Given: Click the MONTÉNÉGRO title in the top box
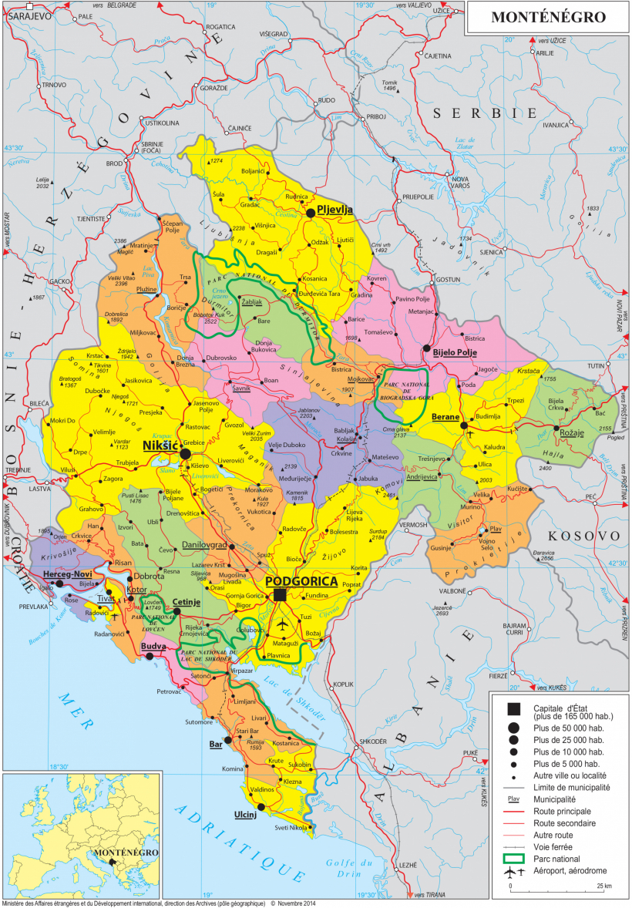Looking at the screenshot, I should point(548,17).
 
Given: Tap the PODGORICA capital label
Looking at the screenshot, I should point(301,581).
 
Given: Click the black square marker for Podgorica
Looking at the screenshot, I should point(280,595).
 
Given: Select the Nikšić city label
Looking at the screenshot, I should point(160,446).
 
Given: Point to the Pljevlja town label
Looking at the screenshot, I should point(335,209).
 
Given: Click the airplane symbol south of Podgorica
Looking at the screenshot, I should point(282,624).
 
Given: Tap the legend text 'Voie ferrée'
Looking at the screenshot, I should point(554,846).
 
